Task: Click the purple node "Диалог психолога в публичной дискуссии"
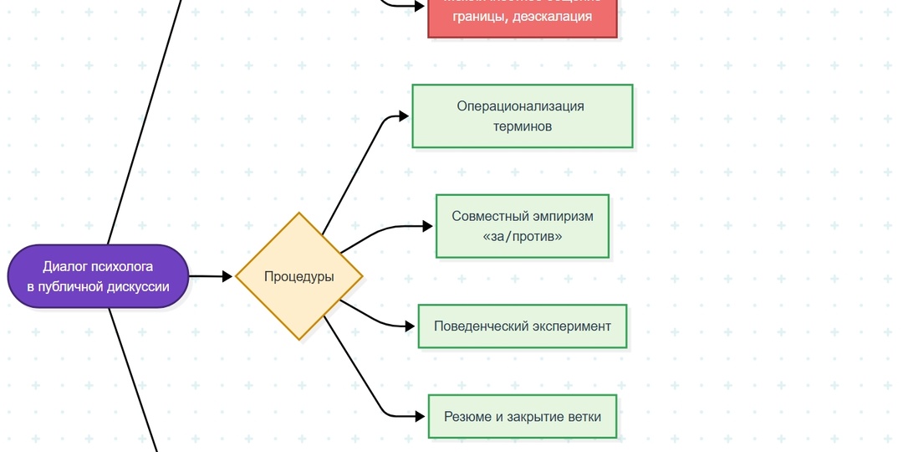[98, 276]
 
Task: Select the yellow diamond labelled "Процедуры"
[298, 276]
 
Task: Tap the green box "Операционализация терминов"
[522, 116]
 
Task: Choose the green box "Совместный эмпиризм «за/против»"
[522, 226]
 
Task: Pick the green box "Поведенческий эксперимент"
[522, 326]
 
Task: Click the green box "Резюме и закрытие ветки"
[522, 416]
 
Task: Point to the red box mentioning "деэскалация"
[522, 17]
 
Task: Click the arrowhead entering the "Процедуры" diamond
[227, 276]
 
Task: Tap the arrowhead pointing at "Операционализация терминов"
[405, 116]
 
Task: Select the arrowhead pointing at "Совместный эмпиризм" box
[428, 226]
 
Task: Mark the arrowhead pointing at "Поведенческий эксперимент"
[411, 326]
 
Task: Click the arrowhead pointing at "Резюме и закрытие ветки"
[421, 416]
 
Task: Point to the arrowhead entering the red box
[421, 6]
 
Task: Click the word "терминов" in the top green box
[523, 126]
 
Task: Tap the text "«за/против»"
[523, 237]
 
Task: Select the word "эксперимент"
[572, 326]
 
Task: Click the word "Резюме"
[467, 417]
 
